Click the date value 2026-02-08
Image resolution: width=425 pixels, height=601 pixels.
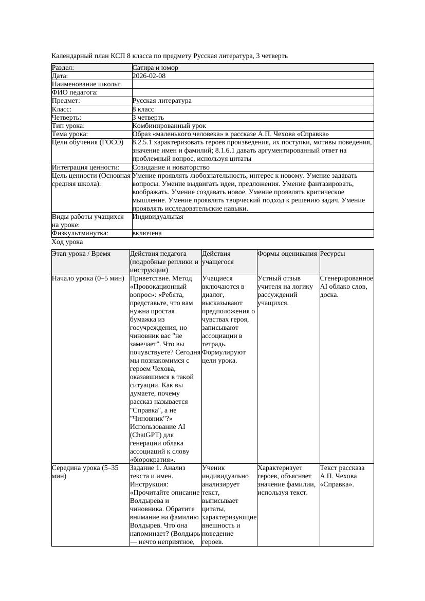149,76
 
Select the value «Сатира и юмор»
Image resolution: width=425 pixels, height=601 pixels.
155,68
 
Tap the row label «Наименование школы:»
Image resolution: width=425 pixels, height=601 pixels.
86,84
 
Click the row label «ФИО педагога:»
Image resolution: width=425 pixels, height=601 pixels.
75,92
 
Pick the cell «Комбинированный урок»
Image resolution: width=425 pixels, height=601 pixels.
169,126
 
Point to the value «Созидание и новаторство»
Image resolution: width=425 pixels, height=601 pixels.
171,167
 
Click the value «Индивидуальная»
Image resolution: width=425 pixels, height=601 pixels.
157,217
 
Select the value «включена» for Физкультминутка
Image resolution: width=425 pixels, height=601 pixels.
147,233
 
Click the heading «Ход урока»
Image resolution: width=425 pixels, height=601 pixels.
67,242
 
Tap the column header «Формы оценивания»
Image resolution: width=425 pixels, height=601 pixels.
287,254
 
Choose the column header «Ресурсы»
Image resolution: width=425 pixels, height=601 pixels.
332,254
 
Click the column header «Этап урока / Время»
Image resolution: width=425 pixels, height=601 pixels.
81,254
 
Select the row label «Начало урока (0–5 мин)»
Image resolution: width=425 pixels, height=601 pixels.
88,278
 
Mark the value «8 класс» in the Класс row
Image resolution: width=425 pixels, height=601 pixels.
143,109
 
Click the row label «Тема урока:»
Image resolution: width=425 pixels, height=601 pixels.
70,134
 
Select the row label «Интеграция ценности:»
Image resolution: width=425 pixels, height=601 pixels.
85,167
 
